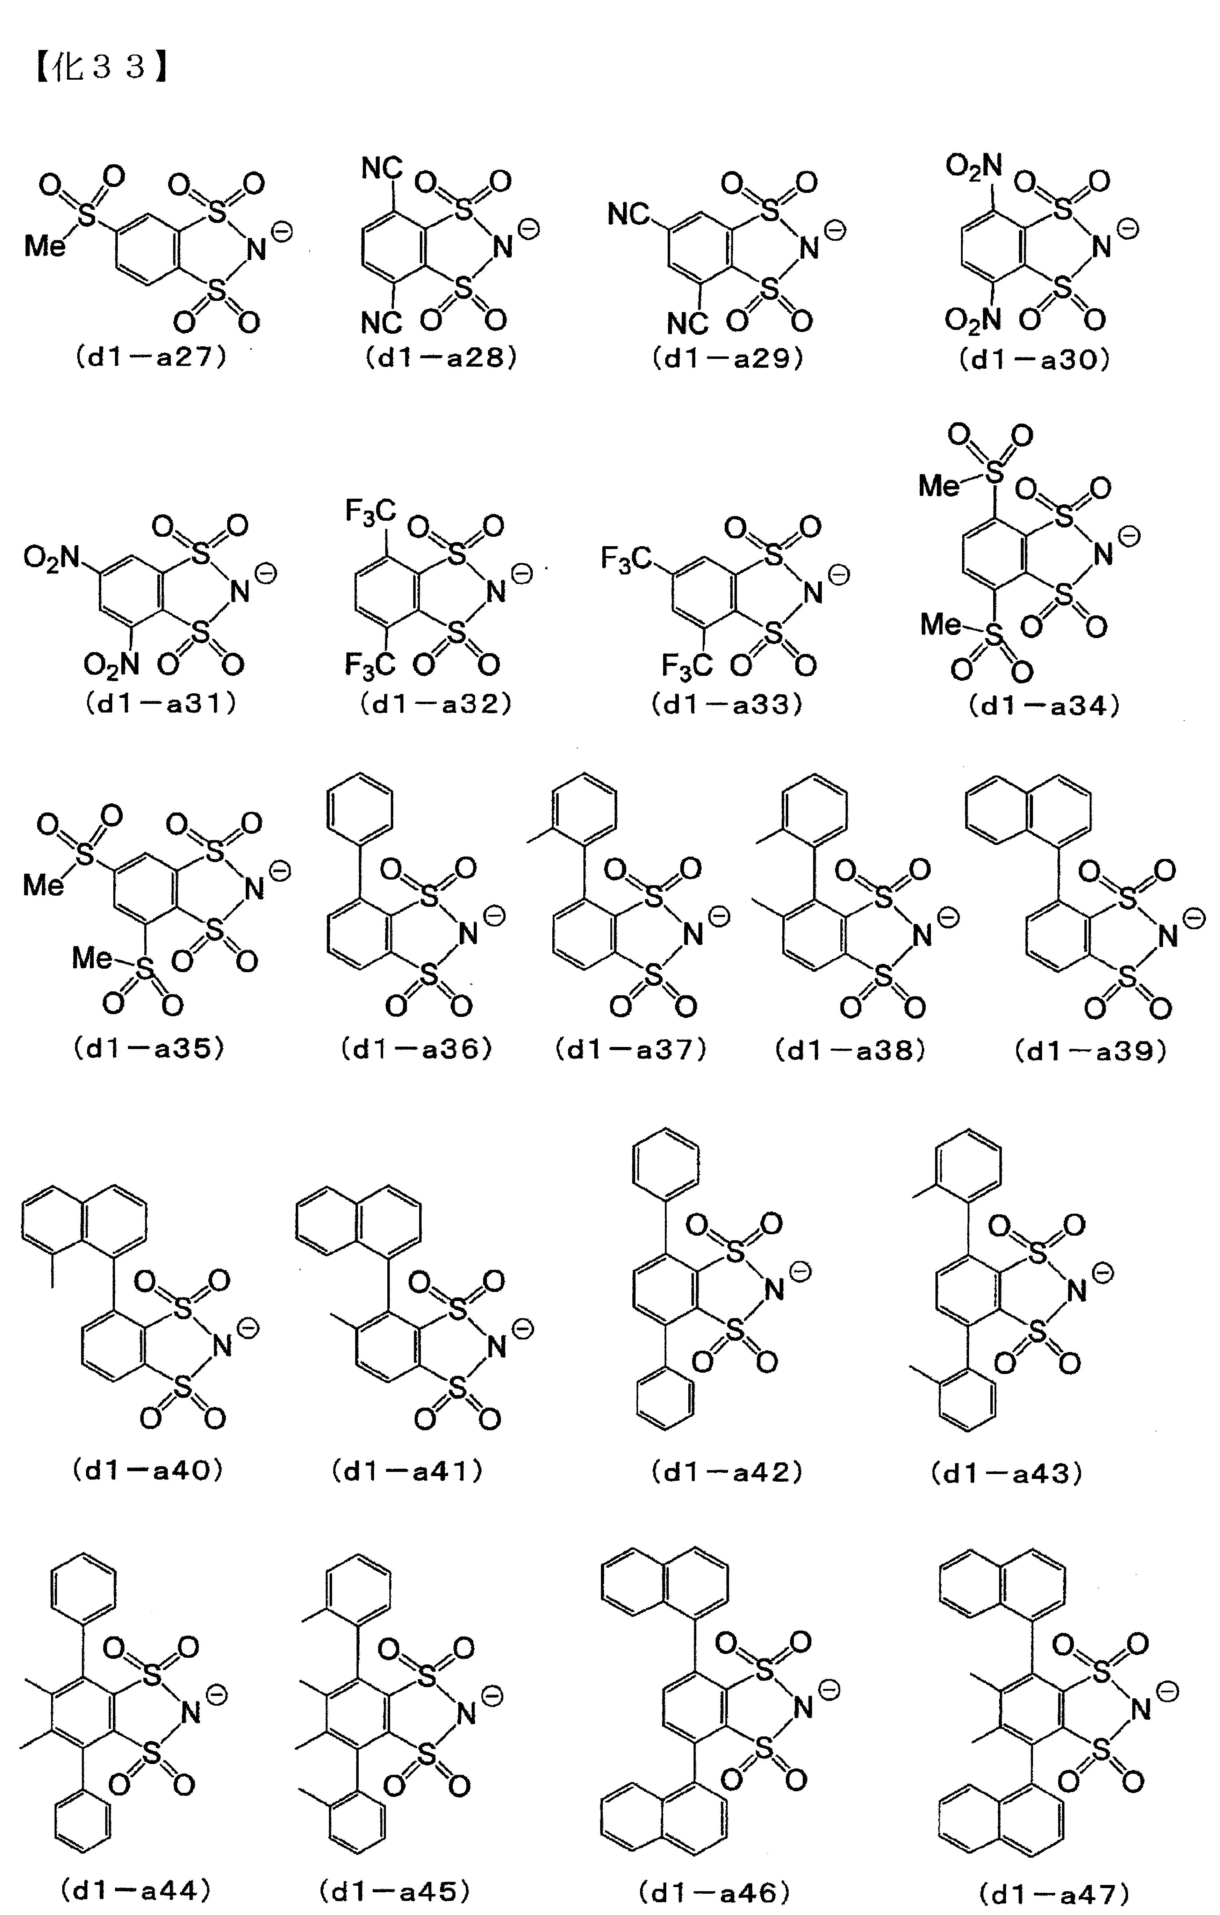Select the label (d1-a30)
[1034, 360]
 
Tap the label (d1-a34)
[1044, 706]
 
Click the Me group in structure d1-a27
[44, 246]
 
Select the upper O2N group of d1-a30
[974, 167]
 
